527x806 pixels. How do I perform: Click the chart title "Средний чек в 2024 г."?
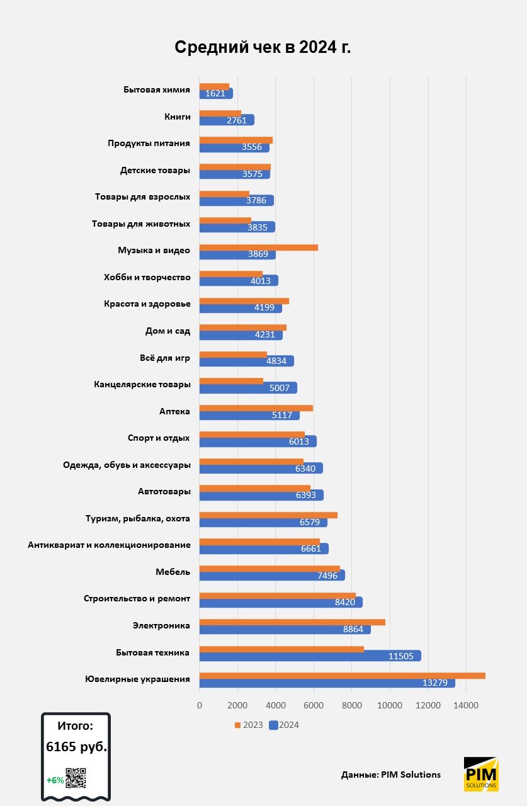pyautogui.click(x=263, y=48)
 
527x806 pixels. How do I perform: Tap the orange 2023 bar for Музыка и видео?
pyautogui.click(x=258, y=247)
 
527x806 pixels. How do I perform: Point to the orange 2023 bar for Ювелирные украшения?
pyautogui.click(x=342, y=676)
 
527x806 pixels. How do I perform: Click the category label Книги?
pyautogui.click(x=177, y=116)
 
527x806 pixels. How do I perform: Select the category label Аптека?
pyautogui.click(x=174, y=412)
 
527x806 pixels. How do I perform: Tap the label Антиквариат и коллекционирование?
pyautogui.click(x=109, y=545)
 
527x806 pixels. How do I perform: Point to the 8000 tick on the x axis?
pyautogui.click(x=352, y=705)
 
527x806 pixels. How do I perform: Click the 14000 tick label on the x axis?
pyautogui.click(x=466, y=705)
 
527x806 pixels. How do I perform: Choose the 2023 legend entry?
pyautogui.click(x=249, y=725)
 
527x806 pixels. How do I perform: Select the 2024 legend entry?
pyautogui.click(x=285, y=725)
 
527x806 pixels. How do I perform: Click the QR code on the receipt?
pyautogui.click(x=76, y=778)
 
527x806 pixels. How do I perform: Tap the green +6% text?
pyautogui.click(x=55, y=780)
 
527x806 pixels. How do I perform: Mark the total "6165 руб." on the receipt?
pyautogui.click(x=76, y=747)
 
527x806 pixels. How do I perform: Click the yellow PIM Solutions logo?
pyautogui.click(x=481, y=774)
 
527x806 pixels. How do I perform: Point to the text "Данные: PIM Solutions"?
pyautogui.click(x=390, y=775)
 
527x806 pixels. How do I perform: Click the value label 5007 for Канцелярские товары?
pyautogui.click(x=280, y=388)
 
